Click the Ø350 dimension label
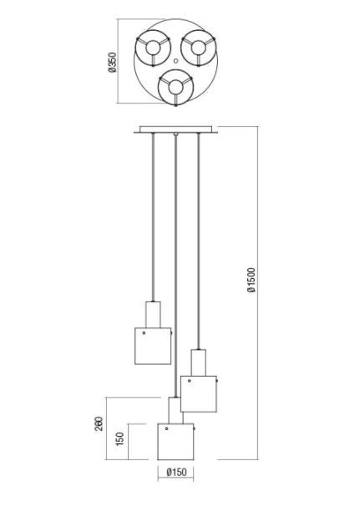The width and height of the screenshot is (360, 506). tap(113, 63)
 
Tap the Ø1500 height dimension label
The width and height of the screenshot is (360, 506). tap(251, 280)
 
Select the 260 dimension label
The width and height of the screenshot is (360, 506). tap(99, 423)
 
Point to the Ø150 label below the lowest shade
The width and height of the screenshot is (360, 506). tap(176, 472)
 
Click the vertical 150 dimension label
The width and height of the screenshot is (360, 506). tap(119, 439)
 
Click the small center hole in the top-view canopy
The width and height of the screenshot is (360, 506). tap(175, 61)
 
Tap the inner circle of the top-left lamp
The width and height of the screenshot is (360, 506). tap(152, 48)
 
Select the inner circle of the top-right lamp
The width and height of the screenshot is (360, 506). tap(198, 48)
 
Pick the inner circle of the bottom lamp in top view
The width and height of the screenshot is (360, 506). tap(175, 88)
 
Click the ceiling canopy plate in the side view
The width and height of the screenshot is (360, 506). tap(175, 129)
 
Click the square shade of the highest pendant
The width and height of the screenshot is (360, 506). tap(153, 346)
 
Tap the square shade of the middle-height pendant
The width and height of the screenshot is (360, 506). tap(198, 394)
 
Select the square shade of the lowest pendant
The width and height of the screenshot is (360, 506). tap(175, 442)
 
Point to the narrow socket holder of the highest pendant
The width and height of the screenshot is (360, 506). tap(153, 315)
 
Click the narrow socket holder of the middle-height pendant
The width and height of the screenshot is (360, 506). tap(199, 362)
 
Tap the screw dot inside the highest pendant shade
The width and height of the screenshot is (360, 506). tap(144, 332)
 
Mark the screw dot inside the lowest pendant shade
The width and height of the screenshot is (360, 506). tap(166, 428)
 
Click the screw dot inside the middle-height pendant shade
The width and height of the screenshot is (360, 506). tap(190, 381)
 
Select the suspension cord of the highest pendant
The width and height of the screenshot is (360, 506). tap(153, 217)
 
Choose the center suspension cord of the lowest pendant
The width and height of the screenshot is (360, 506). tap(175, 266)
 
